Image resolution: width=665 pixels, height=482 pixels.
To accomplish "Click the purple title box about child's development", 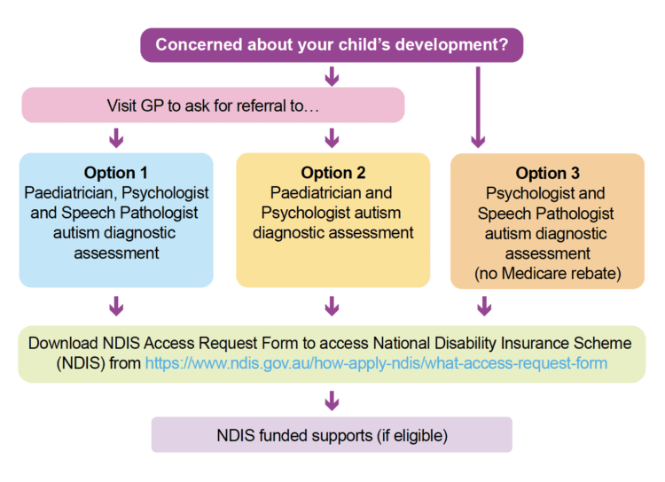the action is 332,45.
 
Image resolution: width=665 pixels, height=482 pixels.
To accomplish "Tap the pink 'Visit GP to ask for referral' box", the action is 213,105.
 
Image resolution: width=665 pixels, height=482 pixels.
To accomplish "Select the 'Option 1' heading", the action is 116,173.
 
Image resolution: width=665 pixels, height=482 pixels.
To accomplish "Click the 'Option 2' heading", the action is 332,173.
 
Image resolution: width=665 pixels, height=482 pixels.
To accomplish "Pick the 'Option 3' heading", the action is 548,173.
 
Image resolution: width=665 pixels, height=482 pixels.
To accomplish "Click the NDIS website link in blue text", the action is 376,363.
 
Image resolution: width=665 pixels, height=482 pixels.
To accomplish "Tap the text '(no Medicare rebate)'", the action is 548,274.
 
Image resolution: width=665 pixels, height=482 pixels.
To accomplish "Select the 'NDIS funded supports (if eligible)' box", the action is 332,434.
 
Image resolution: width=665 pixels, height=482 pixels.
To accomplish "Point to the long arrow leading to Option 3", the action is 478,107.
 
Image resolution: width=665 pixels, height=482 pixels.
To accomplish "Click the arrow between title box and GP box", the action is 332,76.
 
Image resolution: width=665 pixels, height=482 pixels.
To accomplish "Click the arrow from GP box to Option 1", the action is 116,137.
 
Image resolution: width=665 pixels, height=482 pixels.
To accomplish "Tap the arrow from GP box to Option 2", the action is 332,137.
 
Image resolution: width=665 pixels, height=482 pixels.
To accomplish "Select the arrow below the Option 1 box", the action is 116,306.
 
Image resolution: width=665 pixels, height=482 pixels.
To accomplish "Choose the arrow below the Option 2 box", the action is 332,306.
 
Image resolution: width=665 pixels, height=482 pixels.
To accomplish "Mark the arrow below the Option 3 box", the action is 484,306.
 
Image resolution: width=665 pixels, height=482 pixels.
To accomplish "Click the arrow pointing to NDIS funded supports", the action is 332,400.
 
